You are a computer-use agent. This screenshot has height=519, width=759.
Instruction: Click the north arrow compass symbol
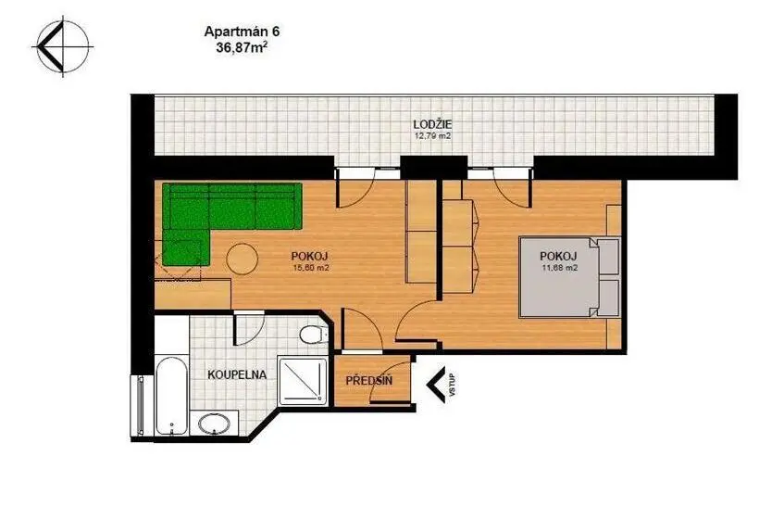coord(62,46)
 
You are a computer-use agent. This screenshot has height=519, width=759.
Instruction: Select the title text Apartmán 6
coord(242,32)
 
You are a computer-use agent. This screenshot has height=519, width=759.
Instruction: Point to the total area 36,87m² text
coord(242,47)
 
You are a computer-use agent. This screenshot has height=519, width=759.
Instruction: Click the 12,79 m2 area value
coord(433,136)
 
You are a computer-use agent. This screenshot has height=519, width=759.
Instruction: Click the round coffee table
coord(243,259)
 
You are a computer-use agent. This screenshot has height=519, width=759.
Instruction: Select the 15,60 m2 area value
coord(311,267)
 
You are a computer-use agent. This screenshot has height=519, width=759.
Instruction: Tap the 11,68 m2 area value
coord(559,267)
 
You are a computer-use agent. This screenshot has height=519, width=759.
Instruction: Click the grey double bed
coord(569,277)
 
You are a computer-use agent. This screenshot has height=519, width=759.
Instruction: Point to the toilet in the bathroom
coord(313,334)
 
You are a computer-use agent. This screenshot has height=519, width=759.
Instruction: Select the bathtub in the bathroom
coord(172,396)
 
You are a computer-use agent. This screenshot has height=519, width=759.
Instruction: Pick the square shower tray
coord(303,380)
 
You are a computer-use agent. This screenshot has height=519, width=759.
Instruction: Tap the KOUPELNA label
coord(237,374)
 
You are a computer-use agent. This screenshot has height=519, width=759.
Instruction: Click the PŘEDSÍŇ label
coord(368,381)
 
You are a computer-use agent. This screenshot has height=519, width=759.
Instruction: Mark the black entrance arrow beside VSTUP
coord(436,385)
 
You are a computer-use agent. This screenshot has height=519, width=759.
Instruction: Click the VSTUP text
coord(453,386)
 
